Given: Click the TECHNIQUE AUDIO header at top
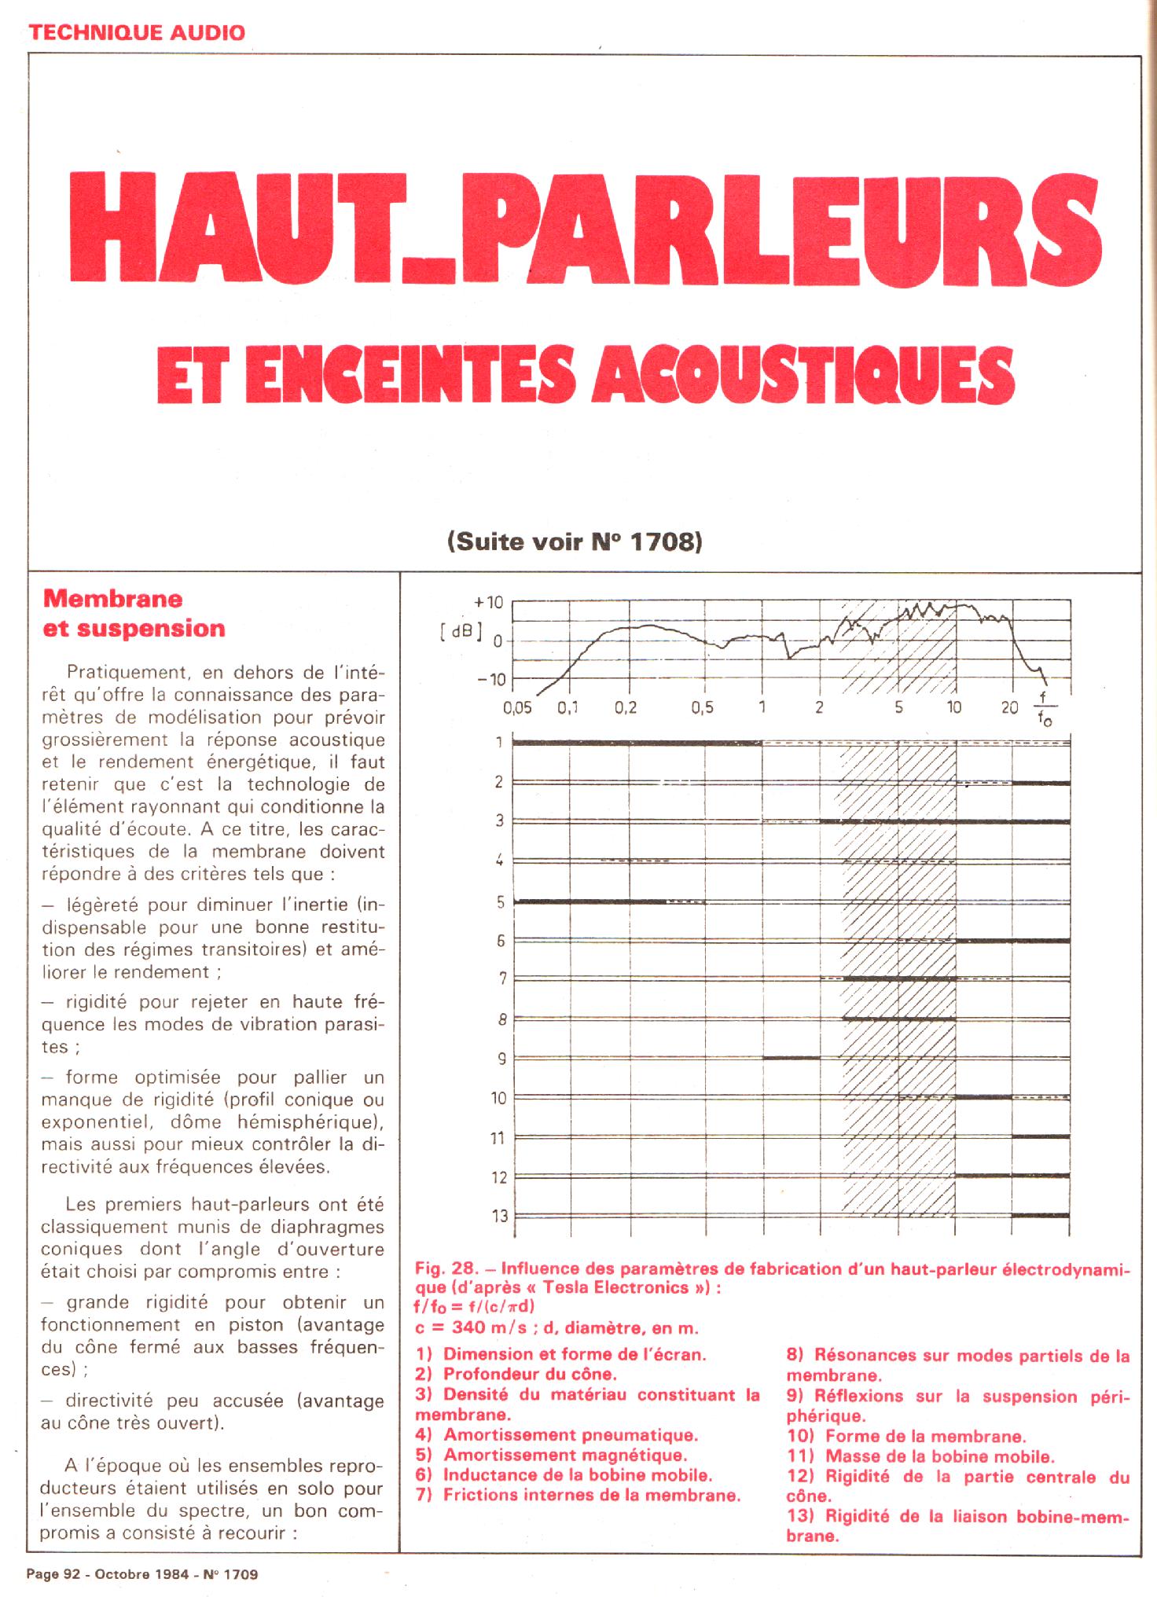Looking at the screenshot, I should tap(137, 32).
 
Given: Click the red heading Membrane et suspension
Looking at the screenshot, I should tap(134, 613).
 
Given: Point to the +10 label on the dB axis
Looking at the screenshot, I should tap(488, 603).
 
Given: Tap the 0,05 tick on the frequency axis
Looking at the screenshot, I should tap(517, 707).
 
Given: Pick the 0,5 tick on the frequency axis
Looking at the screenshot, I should tap(702, 707).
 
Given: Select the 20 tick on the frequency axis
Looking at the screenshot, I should tap(1010, 707).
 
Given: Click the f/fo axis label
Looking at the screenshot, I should tap(1043, 709).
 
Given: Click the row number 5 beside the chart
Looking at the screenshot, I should tap(501, 901).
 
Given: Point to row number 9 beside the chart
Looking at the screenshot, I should tap(501, 1059).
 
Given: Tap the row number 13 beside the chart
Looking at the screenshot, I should tap(499, 1216).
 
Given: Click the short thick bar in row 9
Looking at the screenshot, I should tap(791, 1058).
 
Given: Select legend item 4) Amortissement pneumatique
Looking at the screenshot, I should tap(556, 1435).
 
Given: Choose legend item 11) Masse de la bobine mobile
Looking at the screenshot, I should tap(920, 1456).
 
